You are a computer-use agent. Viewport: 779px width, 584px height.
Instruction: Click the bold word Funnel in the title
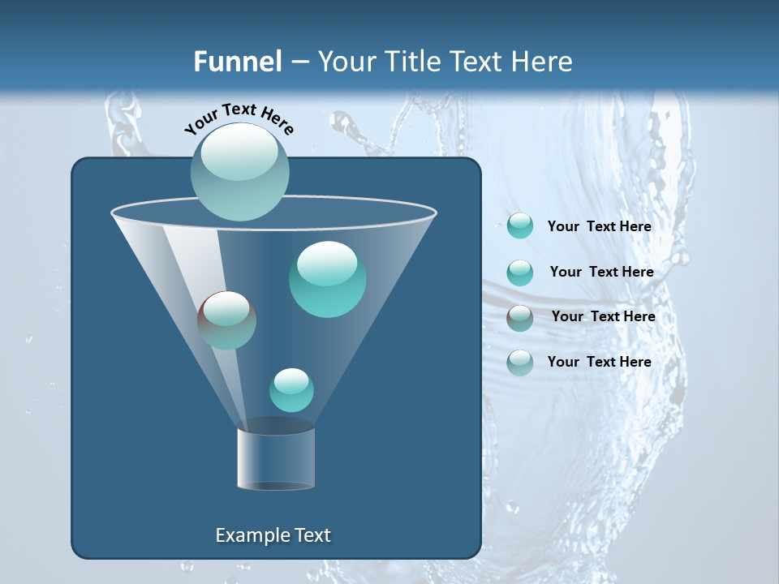pyautogui.click(x=238, y=61)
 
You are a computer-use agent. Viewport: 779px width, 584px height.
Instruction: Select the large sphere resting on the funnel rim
pyautogui.click(x=240, y=171)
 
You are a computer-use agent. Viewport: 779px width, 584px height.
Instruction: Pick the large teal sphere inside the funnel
pyautogui.click(x=327, y=279)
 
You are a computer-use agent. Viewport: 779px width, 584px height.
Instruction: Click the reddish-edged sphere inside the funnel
pyautogui.click(x=226, y=320)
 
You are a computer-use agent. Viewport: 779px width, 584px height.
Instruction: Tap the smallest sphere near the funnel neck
pyautogui.click(x=291, y=390)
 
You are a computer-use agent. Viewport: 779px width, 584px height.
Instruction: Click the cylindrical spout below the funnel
pyautogui.click(x=275, y=458)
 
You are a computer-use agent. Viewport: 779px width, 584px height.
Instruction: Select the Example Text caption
pyautogui.click(x=273, y=535)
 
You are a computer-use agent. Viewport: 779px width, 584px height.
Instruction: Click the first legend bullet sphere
pyautogui.click(x=520, y=226)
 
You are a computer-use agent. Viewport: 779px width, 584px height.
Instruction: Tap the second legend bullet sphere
pyautogui.click(x=520, y=273)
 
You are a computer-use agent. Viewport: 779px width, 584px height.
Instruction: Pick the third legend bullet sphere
pyautogui.click(x=520, y=318)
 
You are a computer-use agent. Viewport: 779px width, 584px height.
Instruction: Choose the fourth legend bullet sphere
pyautogui.click(x=520, y=363)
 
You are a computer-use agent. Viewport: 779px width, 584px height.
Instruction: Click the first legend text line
pyautogui.click(x=599, y=227)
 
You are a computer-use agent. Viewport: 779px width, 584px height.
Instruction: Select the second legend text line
pyautogui.click(x=601, y=273)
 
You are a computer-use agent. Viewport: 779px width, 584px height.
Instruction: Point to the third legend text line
pyautogui.click(x=603, y=317)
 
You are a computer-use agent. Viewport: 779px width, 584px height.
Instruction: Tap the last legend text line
pyautogui.click(x=599, y=362)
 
